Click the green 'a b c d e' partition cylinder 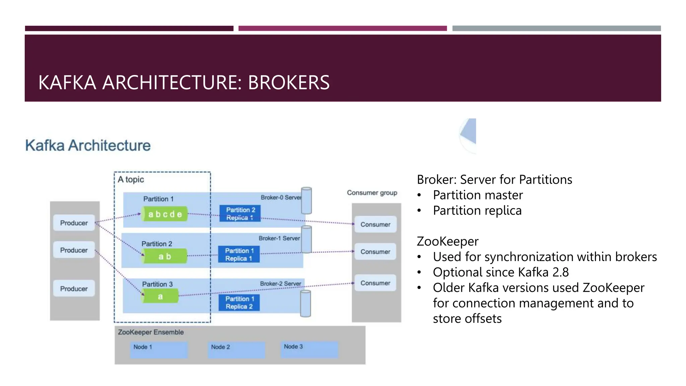(x=164, y=214)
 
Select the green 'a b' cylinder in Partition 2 (x=164, y=256)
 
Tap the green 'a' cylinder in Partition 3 (x=160, y=297)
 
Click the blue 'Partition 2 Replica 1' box (x=240, y=213)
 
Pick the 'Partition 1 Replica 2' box (x=239, y=303)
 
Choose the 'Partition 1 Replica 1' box (x=239, y=255)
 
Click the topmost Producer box (x=74, y=223)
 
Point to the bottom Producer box (x=74, y=288)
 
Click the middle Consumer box (x=375, y=252)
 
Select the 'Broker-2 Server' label (x=280, y=284)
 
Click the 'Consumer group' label (x=372, y=193)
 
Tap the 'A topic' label (x=131, y=180)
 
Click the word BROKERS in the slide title (x=288, y=82)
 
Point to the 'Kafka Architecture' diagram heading (x=88, y=145)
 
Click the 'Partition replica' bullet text (x=477, y=211)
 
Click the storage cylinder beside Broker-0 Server (x=306, y=200)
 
